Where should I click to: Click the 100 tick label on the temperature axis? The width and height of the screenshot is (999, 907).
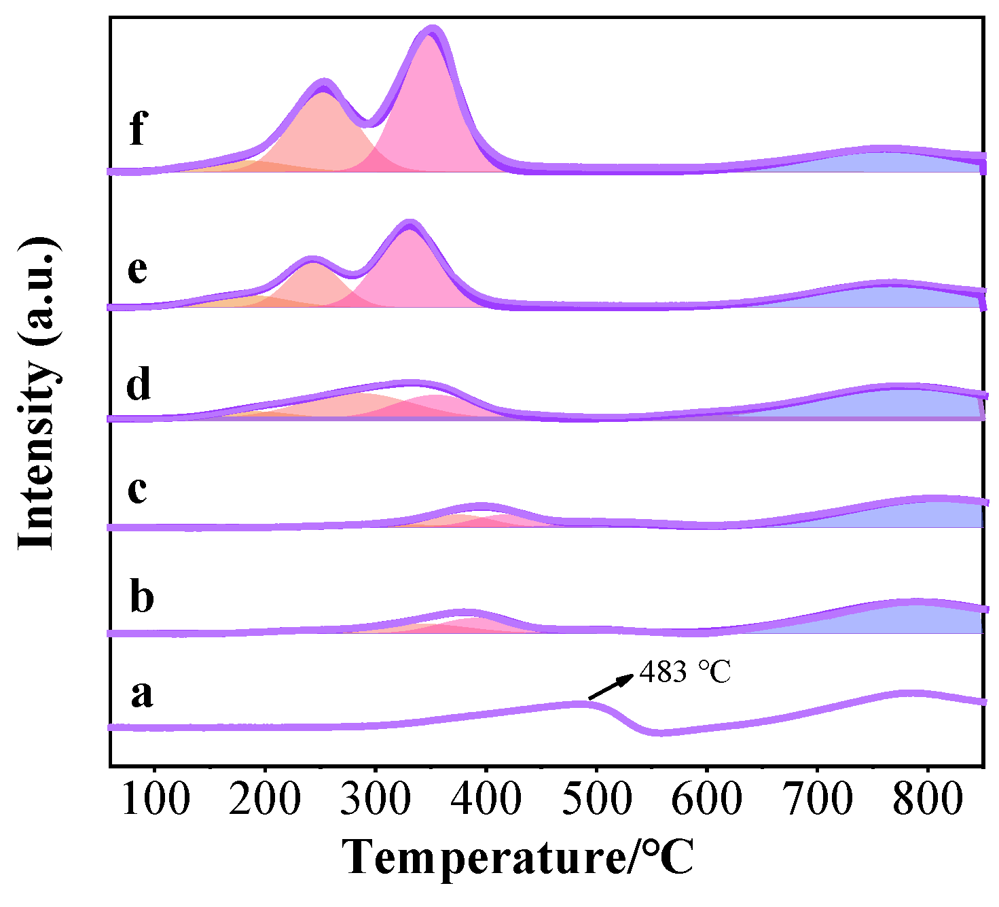click(156, 799)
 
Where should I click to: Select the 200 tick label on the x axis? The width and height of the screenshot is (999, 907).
click(266, 799)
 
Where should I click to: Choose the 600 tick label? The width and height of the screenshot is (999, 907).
click(706, 799)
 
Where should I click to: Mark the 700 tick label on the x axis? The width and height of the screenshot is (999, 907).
click(817, 799)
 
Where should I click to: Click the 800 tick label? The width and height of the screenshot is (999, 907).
click(927, 799)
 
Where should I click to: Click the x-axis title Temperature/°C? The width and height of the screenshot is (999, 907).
click(518, 857)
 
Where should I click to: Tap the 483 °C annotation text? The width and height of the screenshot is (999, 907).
click(685, 672)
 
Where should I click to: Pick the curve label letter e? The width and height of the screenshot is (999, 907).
click(137, 270)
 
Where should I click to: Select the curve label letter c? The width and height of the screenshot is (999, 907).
click(137, 488)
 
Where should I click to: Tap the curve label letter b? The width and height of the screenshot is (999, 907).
click(141, 597)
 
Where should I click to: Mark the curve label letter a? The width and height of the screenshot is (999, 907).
click(141, 693)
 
